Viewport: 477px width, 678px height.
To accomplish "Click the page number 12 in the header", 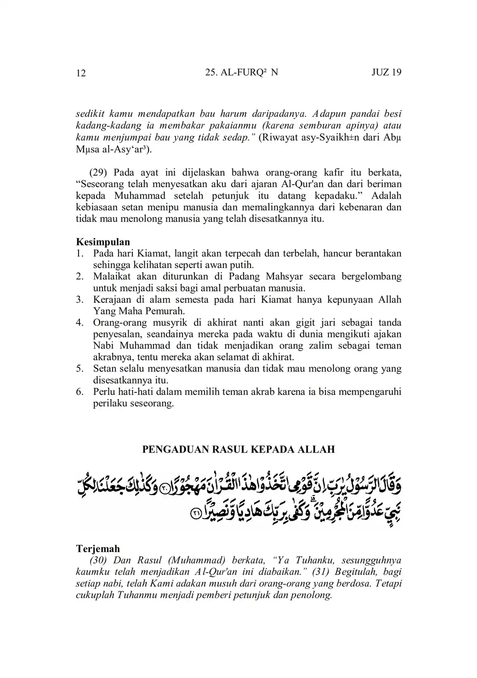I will point(80,73).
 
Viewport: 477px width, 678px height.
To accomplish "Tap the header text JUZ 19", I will point(386,72).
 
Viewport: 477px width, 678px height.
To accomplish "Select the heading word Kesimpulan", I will point(102,242).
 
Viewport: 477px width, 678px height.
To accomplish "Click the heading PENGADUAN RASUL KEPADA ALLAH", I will point(238,449).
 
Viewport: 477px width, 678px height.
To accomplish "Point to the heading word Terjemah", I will point(97,548).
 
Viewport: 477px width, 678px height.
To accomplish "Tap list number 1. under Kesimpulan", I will point(79,253).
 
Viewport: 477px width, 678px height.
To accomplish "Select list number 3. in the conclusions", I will point(79,300).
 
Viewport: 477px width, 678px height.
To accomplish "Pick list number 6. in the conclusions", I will point(79,392).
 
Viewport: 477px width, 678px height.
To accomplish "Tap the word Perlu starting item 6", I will point(105,392).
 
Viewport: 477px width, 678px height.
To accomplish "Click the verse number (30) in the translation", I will point(98,560).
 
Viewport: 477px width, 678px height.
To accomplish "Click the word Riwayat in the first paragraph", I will point(279,137).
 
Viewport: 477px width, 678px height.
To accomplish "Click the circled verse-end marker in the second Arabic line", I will point(195,515).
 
